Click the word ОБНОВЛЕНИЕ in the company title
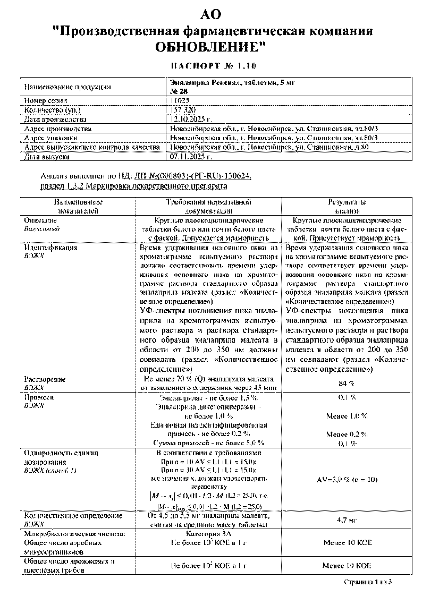pos(210,47)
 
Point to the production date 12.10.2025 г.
pos(191,119)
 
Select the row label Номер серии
pos(46,100)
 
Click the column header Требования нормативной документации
pos(208,206)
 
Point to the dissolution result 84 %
pos(347,383)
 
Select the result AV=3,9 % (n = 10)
pos(347,479)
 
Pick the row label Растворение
pos(45,379)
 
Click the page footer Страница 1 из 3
pos(367,582)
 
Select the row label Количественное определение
pos(73,515)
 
